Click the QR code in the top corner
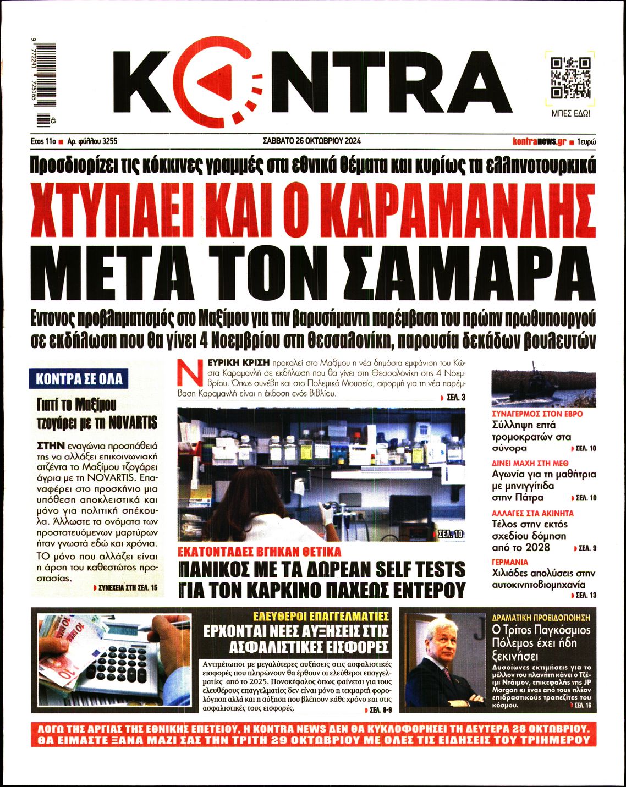coord(570,78)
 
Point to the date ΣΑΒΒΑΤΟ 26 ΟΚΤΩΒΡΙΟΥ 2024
coord(312,141)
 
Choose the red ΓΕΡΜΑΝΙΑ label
coord(509,562)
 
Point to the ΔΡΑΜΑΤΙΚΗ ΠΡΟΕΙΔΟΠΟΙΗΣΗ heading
coord(541,618)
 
